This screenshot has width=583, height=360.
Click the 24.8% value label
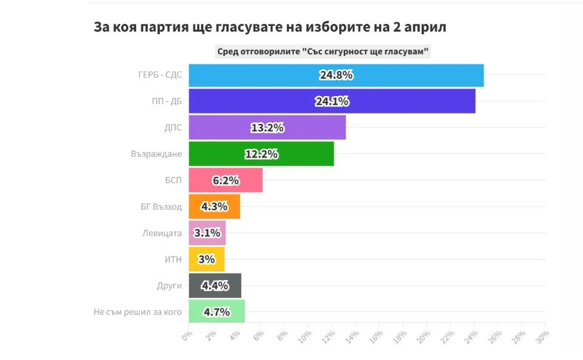336,75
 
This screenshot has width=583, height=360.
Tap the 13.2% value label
267,128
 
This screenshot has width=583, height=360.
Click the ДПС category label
172,128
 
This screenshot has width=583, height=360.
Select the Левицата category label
162,233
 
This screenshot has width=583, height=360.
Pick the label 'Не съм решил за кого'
137,312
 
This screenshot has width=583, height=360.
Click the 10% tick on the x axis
304,337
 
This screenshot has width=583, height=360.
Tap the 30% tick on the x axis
542,337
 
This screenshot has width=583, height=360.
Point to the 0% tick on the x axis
187,337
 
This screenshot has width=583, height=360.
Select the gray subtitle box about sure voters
322,52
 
